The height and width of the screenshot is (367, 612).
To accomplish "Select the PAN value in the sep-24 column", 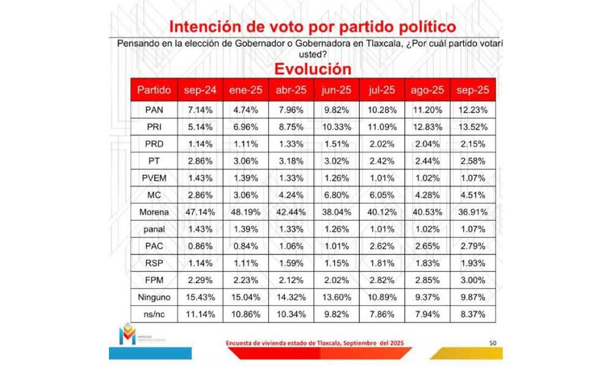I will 200,109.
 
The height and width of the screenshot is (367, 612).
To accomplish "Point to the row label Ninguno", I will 153,297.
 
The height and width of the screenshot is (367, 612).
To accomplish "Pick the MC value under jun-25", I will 336,196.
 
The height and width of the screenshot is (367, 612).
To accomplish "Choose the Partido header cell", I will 154,90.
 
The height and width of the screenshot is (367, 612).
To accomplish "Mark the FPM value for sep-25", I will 472,280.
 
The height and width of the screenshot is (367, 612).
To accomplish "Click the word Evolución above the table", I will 312,69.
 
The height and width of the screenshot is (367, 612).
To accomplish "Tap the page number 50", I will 493,343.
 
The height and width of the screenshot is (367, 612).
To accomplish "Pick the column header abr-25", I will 291,90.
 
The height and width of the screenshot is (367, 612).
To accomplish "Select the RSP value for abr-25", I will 291,264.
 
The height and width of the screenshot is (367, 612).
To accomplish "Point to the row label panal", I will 153,229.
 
